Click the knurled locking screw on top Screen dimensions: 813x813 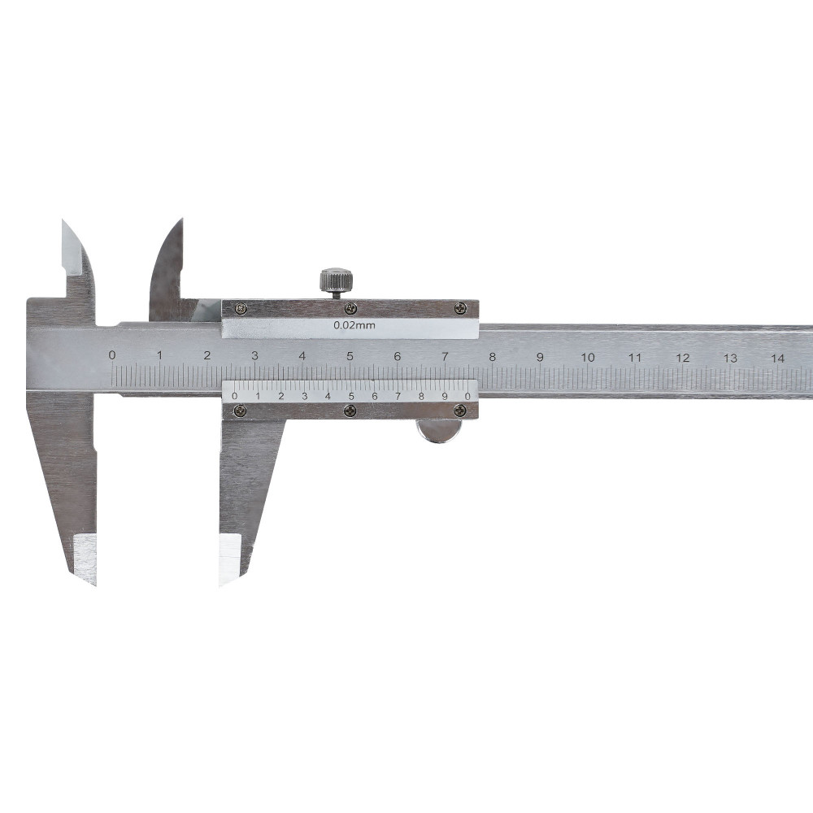tap(337, 283)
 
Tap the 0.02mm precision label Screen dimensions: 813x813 tap(354, 326)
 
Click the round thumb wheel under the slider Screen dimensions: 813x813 tap(439, 432)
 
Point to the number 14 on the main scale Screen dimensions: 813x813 tap(777, 358)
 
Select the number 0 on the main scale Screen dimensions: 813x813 tap(112, 355)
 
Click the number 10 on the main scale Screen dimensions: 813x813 tap(588, 357)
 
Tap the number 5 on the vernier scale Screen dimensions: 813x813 tap(351, 397)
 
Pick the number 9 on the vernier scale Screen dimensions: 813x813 tap(445, 397)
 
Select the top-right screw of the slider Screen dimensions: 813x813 tap(460, 308)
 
